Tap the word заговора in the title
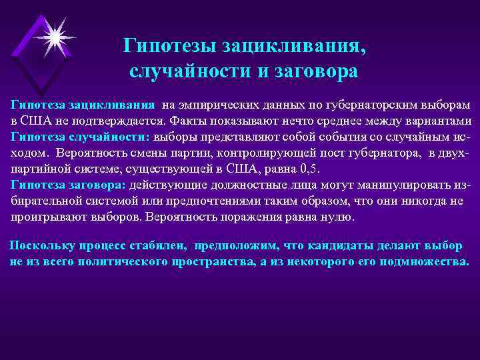pyautogui.click(x=313, y=71)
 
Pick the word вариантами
pyautogui.click(x=436, y=121)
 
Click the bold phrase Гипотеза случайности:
pyautogui.click(x=80, y=137)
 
